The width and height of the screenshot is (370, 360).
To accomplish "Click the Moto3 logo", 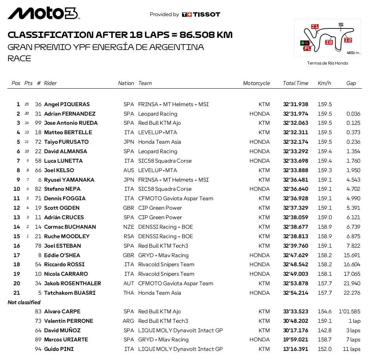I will tap(43, 13).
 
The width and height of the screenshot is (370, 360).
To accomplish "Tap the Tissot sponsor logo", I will tap(201, 15).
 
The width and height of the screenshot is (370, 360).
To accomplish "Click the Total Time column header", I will tap(295, 83).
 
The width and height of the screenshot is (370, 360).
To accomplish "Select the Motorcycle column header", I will tap(256, 83).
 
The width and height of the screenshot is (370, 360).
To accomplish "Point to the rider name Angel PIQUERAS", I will tap(67, 104).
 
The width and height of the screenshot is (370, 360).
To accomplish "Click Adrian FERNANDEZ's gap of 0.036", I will tap(353, 114).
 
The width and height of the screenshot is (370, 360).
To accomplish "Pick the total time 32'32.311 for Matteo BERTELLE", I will tap(296, 132).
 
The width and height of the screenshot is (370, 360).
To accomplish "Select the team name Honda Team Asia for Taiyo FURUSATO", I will tap(159, 142).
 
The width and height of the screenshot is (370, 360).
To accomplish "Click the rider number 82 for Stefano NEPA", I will tap(38, 189).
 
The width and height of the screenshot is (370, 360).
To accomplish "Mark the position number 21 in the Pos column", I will tap(17, 293).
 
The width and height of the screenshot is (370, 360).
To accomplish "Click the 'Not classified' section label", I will tap(24, 302).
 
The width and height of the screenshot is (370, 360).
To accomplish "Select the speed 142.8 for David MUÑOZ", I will tap(324, 330).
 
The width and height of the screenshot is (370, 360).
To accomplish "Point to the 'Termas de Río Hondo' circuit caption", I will tap(327, 63).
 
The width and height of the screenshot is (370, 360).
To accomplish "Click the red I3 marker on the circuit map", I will tap(329, 42).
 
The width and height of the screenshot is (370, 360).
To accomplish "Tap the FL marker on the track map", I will tap(307, 48).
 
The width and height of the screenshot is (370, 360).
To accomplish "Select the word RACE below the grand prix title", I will tap(19, 58).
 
